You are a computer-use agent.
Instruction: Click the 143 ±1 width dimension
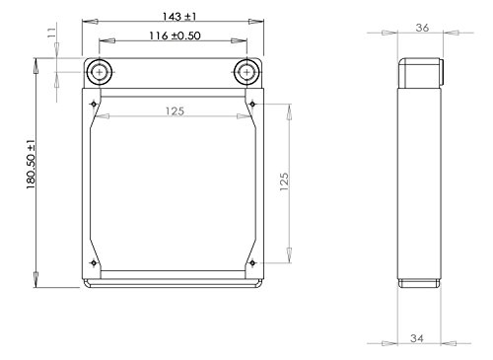179,16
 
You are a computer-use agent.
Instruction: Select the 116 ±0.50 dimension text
175,36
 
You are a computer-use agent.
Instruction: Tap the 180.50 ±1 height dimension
31,164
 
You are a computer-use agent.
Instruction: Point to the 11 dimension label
52,33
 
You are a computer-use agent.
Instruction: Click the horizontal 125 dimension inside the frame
175,111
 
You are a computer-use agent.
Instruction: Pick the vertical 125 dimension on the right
284,181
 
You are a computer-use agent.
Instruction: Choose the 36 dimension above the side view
422,28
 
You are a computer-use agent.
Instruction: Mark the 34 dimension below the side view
417,338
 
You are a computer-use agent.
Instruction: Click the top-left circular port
100,72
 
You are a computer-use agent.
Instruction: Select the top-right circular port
246,72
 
